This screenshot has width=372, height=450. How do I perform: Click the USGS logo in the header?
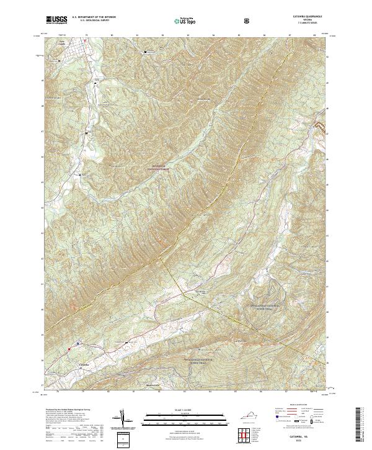[x=57, y=20]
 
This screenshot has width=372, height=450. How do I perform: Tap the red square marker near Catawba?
[x=78, y=343]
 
